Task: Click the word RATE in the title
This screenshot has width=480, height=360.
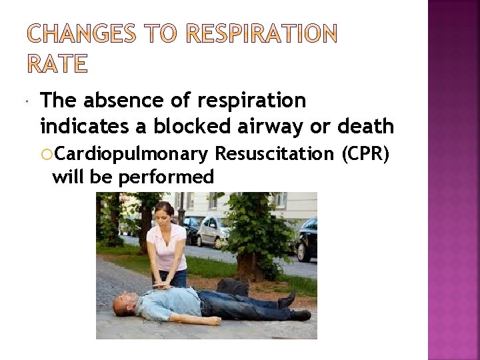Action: pos(57,64)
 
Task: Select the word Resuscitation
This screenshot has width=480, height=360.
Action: pos(274,155)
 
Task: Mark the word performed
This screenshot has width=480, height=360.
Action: pos(167,177)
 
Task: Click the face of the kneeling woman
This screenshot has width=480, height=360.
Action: pos(164,215)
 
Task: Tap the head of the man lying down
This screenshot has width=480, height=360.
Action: pos(124,305)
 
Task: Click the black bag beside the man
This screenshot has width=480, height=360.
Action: pos(233,287)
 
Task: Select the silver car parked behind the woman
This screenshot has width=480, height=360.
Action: pos(212,232)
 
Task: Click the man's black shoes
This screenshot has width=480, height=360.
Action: pos(293,307)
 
